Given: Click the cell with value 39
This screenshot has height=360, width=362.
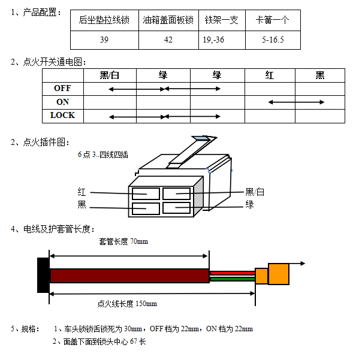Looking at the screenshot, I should [104, 40].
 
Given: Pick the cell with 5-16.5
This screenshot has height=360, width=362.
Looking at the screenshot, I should [273, 40].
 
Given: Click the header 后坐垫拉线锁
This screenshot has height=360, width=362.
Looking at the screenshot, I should [104, 20].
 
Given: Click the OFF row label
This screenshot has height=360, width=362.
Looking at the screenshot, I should [62, 89].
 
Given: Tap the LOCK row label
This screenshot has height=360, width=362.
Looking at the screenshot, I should [62, 115].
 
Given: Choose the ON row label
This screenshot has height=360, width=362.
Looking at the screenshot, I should [62, 102].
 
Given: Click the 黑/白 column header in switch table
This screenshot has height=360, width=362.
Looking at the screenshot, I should [110, 75].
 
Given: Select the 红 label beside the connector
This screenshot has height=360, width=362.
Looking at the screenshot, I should [82, 192].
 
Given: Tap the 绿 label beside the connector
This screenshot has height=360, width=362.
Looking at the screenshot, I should [249, 205].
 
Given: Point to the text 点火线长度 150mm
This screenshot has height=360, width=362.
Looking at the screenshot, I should [126, 304].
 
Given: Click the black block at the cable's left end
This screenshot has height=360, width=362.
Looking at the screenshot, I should [43, 276].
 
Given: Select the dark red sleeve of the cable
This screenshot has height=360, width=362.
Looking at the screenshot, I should [129, 276].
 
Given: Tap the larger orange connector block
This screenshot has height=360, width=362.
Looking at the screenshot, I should [279, 274].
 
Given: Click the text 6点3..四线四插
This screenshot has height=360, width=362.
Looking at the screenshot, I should [102, 155].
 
